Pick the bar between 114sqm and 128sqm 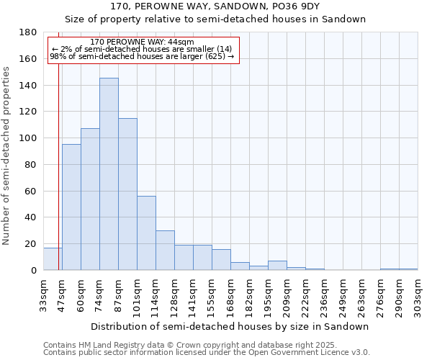[165, 251]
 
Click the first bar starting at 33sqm [53, 259]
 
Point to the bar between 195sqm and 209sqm [277, 266]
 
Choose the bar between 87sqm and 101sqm [127, 194]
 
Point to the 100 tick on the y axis [29, 138]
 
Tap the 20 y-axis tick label [32, 244]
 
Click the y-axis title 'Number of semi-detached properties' [7, 156]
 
